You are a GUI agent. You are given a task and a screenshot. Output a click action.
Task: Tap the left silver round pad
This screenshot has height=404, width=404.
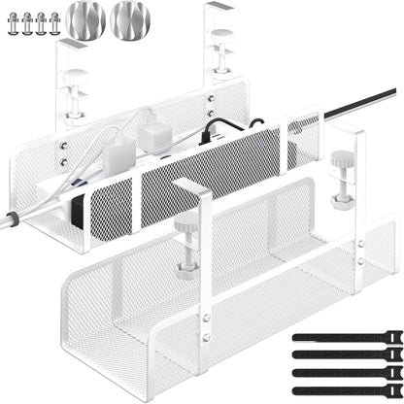point(84,20)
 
